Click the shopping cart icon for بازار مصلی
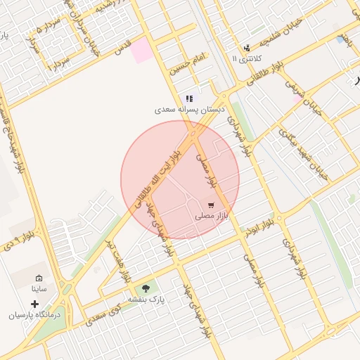point(211,205)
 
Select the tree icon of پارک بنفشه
point(146,288)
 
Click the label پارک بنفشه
point(146,300)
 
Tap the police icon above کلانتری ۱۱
point(247,48)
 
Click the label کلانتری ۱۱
point(246,59)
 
